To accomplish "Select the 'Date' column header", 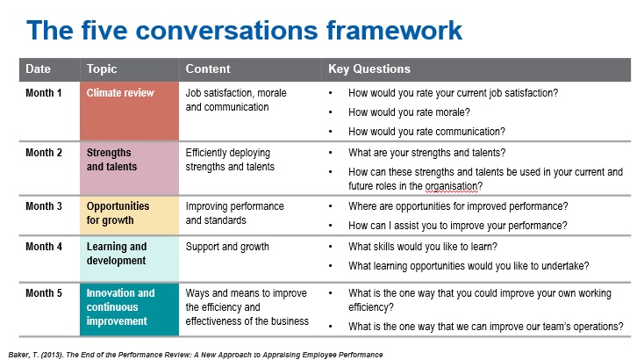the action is click(x=39, y=68).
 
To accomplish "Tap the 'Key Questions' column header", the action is click(x=369, y=68).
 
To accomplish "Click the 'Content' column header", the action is click(x=208, y=68).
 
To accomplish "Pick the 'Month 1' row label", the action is click(x=44, y=93).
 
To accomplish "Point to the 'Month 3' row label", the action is click(x=44, y=205).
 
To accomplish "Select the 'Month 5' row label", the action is click(x=44, y=293).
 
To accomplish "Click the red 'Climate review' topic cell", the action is click(x=129, y=111).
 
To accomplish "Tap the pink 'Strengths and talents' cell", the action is click(x=129, y=169).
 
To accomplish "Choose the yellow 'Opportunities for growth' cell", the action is click(x=129, y=215).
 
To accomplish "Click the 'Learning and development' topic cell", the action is click(x=129, y=258).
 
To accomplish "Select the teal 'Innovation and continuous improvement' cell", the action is click(x=129, y=309).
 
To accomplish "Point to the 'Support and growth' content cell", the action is click(x=227, y=247).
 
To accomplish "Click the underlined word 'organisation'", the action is click(x=451, y=186).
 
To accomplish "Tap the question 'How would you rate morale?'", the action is click(x=409, y=112).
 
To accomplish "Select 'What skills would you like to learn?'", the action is click(x=423, y=247).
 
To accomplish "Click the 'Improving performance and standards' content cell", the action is click(x=234, y=213).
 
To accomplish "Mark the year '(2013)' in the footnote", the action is click(x=53, y=355).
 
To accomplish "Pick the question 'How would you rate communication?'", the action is click(x=426, y=132).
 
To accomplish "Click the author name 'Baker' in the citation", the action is click(x=18, y=355).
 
